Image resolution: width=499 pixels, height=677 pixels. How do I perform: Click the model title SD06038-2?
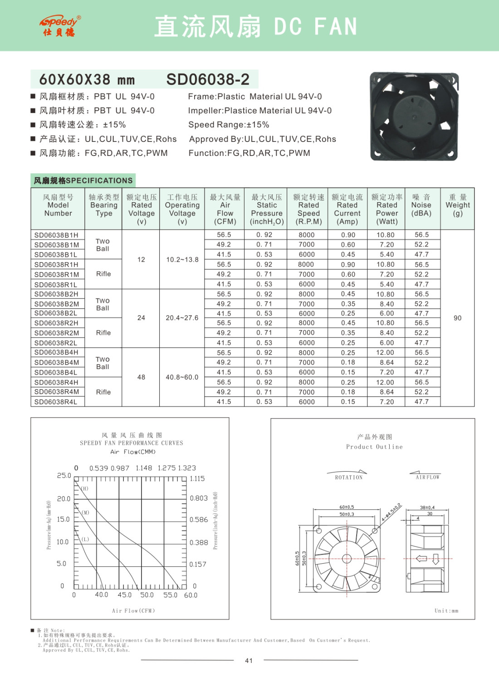pyautogui.click(x=208, y=79)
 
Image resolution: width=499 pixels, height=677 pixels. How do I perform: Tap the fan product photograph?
pyautogui.click(x=414, y=117)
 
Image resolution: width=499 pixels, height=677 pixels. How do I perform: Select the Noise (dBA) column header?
pyautogui.click(x=421, y=205)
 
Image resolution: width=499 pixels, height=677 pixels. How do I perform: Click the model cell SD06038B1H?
pyautogui.click(x=56, y=235)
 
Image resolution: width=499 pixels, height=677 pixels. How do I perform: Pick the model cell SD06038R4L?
pyautogui.click(x=56, y=402)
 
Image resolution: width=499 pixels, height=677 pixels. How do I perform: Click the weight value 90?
pyautogui.click(x=457, y=318)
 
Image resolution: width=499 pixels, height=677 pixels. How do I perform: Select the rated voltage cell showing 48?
pyautogui.click(x=141, y=377)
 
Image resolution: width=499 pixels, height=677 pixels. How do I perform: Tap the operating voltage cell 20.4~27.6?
pyautogui.click(x=182, y=318)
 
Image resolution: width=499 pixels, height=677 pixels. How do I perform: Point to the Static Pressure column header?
pyautogui.click(x=267, y=209)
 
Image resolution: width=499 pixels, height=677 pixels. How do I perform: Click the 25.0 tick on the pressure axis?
pyautogui.click(x=64, y=476)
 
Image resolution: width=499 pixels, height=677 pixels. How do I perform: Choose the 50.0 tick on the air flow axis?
pyautogui.click(x=147, y=595)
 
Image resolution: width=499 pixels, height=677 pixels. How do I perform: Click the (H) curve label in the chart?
pyautogui.click(x=85, y=489)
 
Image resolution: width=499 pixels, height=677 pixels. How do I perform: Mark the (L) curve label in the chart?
pyautogui.click(x=85, y=539)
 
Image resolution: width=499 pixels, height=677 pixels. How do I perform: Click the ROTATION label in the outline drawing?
pyautogui.click(x=348, y=477)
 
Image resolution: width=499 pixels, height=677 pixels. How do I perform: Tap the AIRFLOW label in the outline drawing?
pyautogui.click(x=427, y=477)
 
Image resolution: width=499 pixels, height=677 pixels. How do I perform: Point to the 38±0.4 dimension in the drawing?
pyautogui.click(x=427, y=507)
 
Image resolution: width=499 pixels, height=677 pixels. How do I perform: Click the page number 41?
pyautogui.click(x=249, y=661)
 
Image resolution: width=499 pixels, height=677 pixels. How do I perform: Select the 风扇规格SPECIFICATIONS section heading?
pyautogui.click(x=83, y=180)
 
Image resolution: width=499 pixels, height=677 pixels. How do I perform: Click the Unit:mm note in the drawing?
pyautogui.click(x=446, y=611)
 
